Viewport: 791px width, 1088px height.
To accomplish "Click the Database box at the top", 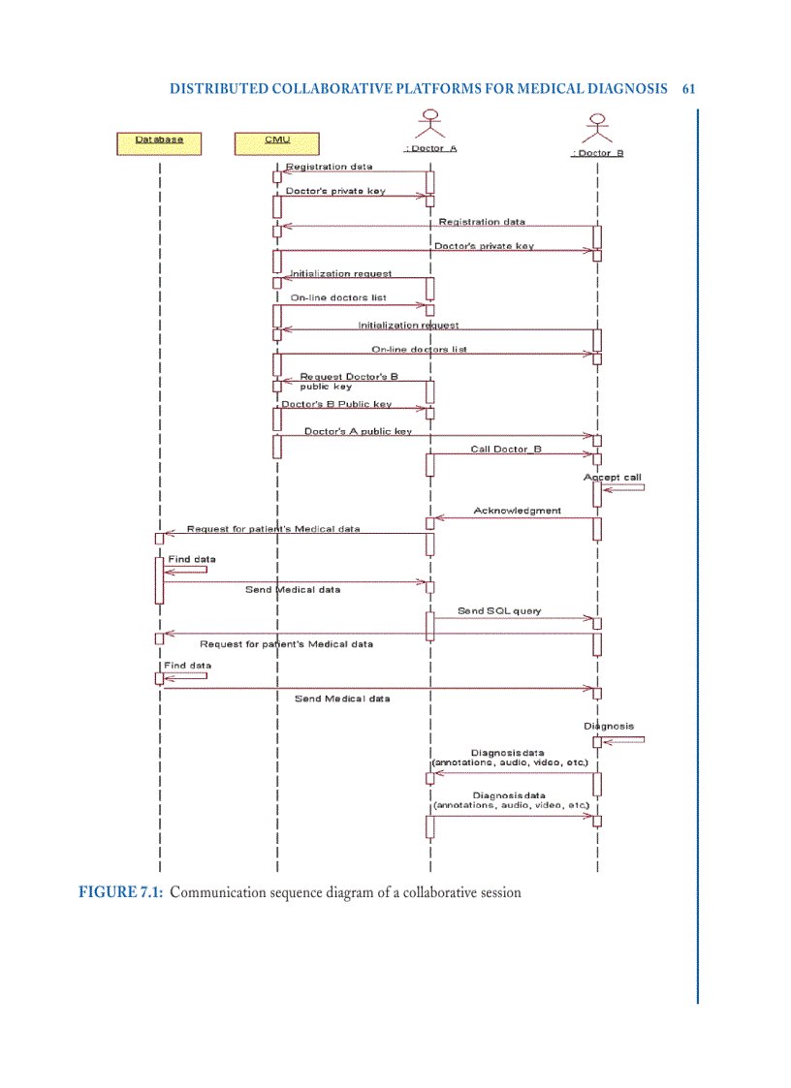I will point(159,143).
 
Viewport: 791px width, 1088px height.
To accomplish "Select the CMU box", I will point(277,143).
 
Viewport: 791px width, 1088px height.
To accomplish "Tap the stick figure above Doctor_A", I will point(429,125).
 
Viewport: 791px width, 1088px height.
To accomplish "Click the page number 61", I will point(688,88).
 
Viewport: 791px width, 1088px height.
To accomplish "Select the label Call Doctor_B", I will point(506,449).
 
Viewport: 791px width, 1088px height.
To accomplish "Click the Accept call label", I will point(612,478).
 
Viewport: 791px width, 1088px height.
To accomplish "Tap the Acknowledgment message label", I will point(517,511).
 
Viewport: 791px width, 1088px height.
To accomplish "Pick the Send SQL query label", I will point(499,611).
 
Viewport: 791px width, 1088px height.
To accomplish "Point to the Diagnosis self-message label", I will point(609,726).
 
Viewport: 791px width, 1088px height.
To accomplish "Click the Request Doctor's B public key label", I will point(348,381).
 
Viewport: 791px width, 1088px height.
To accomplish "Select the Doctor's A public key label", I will point(358,431).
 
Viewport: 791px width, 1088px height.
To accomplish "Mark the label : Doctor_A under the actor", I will point(429,149).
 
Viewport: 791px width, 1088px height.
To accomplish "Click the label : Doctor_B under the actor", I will point(597,153).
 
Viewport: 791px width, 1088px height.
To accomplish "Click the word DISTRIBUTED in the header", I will point(218,88).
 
